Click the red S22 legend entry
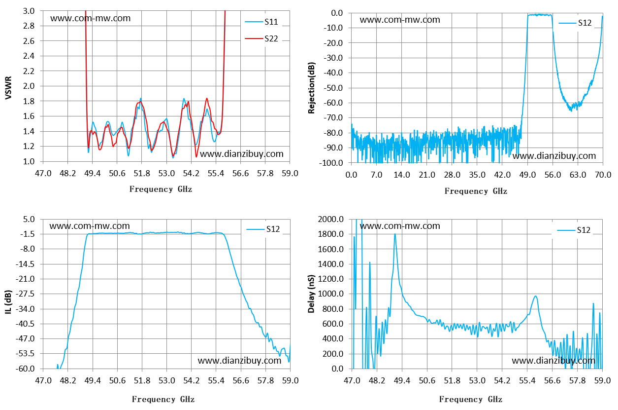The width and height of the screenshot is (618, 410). [261, 38]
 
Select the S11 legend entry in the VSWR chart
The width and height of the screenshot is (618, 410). [261, 22]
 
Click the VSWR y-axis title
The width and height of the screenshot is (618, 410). [8, 88]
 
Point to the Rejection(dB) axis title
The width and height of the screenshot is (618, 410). [312, 88]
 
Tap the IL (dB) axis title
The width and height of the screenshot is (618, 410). [8, 301]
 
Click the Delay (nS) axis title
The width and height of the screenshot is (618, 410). [311, 294]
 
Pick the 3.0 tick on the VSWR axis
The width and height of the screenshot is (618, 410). [29, 11]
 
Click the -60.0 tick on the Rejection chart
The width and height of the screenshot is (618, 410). [333, 103]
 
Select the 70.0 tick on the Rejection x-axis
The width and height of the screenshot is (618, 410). [603, 175]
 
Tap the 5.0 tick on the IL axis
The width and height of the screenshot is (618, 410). [29, 219]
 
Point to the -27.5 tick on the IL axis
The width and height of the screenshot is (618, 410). [25, 294]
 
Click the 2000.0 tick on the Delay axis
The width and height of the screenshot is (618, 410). [331, 219]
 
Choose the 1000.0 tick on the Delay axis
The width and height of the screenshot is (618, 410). [331, 294]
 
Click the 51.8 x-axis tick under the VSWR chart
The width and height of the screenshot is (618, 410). [142, 173]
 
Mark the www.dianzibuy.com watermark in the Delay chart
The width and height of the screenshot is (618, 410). [553, 361]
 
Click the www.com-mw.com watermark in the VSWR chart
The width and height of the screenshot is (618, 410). [90, 18]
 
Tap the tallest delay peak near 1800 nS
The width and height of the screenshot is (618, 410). [395, 234]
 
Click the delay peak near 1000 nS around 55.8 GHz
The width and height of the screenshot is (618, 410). [535, 296]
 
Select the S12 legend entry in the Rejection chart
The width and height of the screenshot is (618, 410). [575, 23]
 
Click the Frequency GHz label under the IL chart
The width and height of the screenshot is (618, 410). [163, 399]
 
